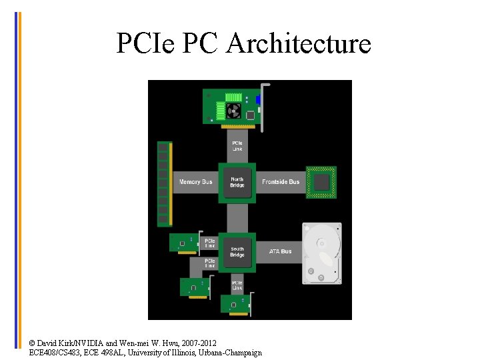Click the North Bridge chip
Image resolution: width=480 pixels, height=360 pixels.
pos(237,182)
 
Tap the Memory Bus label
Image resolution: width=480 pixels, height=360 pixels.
pos(196,182)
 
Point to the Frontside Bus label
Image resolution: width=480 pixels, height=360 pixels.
pos(281,182)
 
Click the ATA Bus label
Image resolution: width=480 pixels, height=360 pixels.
pos(280,251)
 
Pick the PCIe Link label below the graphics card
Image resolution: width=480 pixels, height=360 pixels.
pos(237,145)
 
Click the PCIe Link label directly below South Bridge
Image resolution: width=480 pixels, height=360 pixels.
pos(237,285)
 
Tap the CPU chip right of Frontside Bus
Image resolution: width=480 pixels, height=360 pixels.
pos(321,182)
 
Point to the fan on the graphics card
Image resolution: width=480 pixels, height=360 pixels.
pos(233,110)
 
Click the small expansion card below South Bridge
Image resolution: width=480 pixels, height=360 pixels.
pos(235,304)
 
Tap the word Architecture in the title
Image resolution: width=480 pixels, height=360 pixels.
pos(299,44)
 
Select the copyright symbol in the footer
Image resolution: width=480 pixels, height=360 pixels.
pos(32,343)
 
